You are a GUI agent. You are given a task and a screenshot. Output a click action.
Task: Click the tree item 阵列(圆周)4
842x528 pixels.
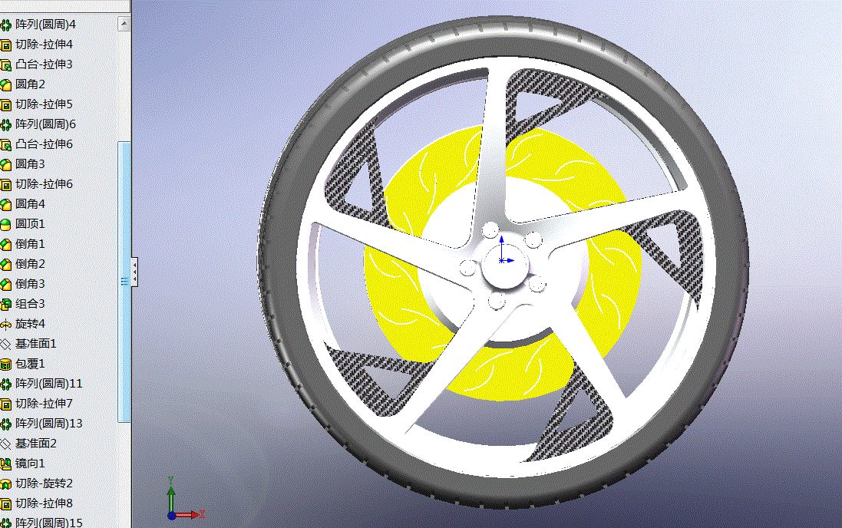pos(45,25)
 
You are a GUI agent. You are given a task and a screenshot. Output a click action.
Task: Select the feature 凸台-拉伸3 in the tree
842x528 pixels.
pos(44,64)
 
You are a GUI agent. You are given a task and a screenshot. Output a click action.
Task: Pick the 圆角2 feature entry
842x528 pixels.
pos(31,84)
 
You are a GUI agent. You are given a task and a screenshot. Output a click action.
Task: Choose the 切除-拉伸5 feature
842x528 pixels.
pos(44,104)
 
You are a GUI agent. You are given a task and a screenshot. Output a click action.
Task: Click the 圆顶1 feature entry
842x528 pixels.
pos(31,224)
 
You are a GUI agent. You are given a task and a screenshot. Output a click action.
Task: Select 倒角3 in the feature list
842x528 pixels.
pos(31,284)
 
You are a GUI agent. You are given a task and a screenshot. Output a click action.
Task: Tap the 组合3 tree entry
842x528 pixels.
pos(31,304)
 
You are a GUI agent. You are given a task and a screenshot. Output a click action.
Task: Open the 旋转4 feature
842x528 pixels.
pos(31,324)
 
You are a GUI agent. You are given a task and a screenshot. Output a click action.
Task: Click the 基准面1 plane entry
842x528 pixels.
pos(36,344)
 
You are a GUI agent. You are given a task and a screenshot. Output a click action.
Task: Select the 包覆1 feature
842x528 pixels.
pos(31,364)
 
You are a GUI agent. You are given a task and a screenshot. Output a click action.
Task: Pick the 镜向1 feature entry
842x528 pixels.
pos(31,464)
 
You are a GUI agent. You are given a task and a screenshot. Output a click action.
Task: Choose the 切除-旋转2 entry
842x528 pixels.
pos(44,483)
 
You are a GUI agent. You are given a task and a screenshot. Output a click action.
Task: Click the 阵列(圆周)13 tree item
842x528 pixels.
pos(48,424)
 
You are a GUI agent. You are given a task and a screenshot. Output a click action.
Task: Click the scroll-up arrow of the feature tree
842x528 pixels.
pos(124,25)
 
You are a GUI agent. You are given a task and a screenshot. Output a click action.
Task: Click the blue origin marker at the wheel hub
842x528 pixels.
pos(502,260)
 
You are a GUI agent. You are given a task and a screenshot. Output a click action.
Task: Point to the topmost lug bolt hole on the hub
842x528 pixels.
pos(490,230)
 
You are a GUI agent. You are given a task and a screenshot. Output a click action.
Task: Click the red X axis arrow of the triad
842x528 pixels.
pos(195,515)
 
